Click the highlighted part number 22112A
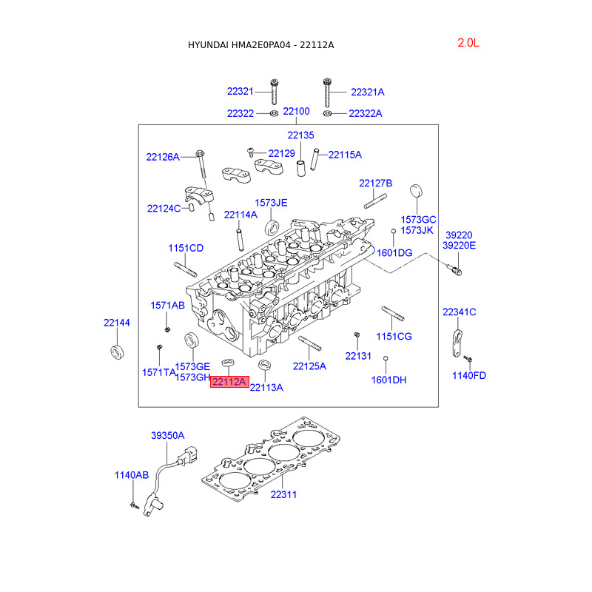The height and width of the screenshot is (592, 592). coord(229,382)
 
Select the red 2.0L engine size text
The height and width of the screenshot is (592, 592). coord(468,43)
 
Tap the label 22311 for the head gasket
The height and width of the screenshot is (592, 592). coord(283,494)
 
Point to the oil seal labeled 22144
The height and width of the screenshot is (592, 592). coord(117,352)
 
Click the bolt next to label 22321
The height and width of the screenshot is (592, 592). coord(275,92)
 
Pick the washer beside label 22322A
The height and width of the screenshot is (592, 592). coord(327,113)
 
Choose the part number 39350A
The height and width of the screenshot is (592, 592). coord(168,435)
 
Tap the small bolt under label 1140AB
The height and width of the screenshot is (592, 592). coord(134,505)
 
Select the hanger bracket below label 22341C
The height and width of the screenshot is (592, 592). coord(457,343)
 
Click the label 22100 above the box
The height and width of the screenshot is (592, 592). coord(297,112)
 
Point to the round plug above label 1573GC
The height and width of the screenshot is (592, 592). coord(416,191)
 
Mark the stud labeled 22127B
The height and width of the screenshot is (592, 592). coord(375,201)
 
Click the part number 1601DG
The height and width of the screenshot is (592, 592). coord(394,253)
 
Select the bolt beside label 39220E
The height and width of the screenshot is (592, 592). coord(454,270)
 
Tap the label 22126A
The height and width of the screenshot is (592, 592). coord(163,157)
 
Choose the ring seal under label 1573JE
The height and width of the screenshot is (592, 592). coord(272,228)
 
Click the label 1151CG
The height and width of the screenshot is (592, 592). coord(394,337)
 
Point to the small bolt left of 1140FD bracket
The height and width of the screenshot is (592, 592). coord(468,358)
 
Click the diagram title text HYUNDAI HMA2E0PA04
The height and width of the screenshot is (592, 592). coord(239,45)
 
